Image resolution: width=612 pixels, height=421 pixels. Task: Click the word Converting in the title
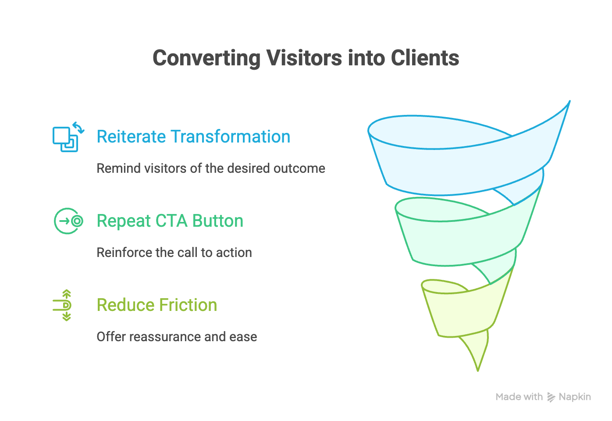206,58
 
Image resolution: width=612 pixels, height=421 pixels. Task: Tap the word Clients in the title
425,58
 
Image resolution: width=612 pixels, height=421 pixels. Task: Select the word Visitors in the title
304,58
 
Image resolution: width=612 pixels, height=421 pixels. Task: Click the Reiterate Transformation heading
193,136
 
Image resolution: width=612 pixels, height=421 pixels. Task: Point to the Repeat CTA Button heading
170,221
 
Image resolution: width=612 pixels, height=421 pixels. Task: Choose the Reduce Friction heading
157,305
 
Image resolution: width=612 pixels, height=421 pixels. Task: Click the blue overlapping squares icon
68,137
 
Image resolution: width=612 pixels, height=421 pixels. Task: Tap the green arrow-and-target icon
68,221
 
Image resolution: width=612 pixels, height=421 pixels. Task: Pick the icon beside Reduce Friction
62,305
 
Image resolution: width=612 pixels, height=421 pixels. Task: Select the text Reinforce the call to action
174,253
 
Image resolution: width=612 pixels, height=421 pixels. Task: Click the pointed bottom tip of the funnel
478,371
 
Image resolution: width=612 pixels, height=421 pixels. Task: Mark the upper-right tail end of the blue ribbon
569,101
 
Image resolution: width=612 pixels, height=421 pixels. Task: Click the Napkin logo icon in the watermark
551,397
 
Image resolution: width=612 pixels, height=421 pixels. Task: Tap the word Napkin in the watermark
575,397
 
